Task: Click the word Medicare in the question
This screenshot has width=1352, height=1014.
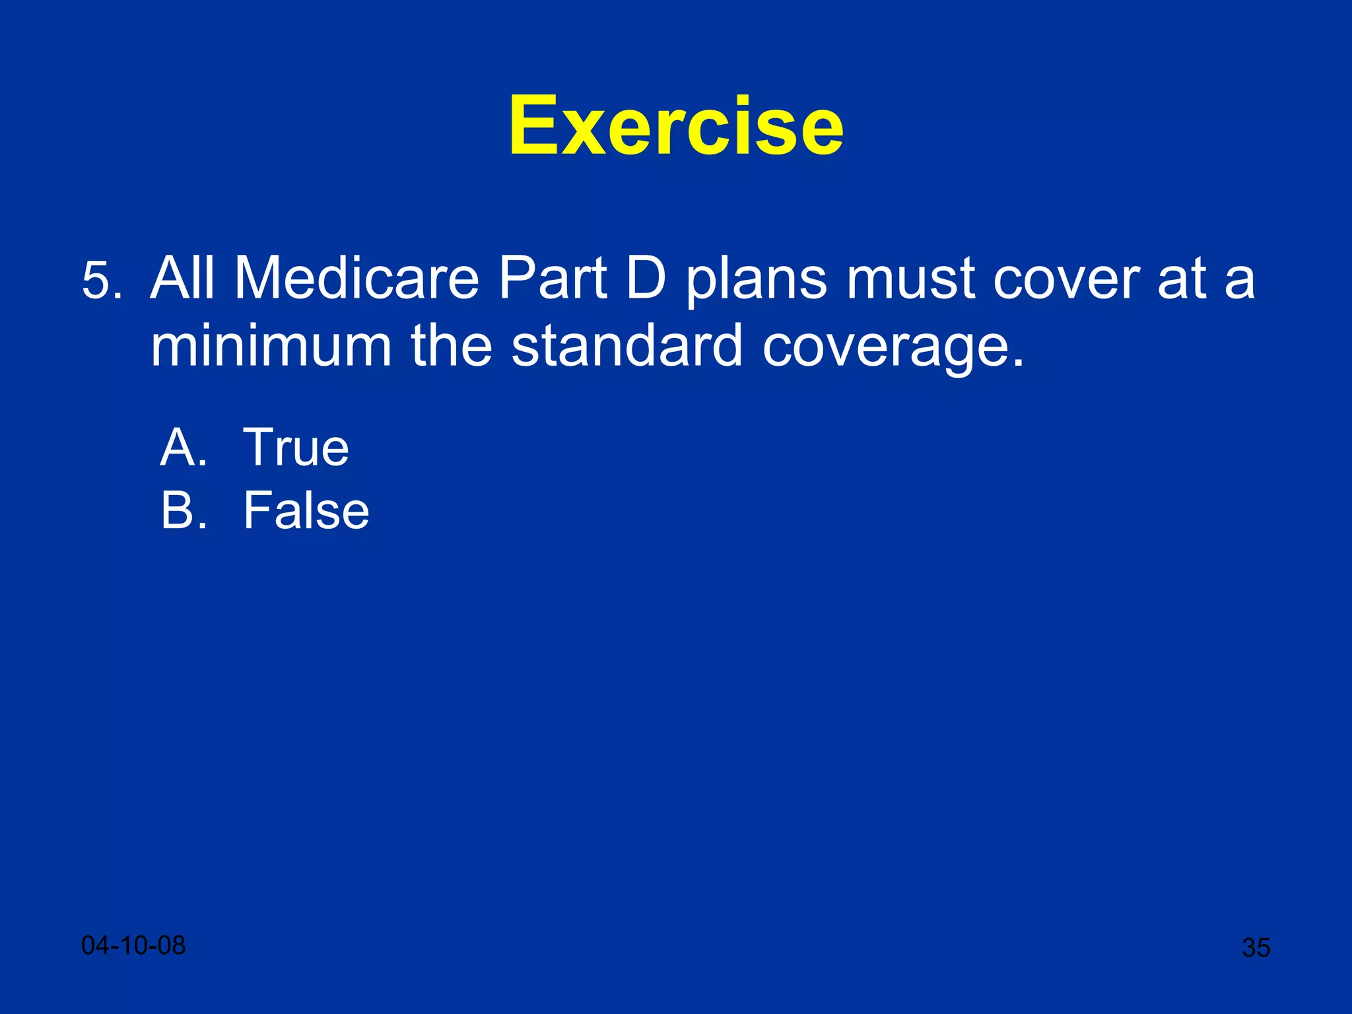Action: tap(356, 278)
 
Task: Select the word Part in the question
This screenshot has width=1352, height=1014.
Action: tap(552, 278)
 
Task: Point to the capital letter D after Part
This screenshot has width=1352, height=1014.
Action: tap(646, 278)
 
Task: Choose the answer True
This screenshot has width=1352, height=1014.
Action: tap(296, 447)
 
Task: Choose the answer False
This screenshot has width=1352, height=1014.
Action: tap(306, 510)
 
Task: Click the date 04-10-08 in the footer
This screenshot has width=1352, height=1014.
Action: tap(133, 945)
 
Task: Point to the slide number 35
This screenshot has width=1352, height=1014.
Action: tap(1256, 947)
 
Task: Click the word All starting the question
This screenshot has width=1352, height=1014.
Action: tap(183, 278)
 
